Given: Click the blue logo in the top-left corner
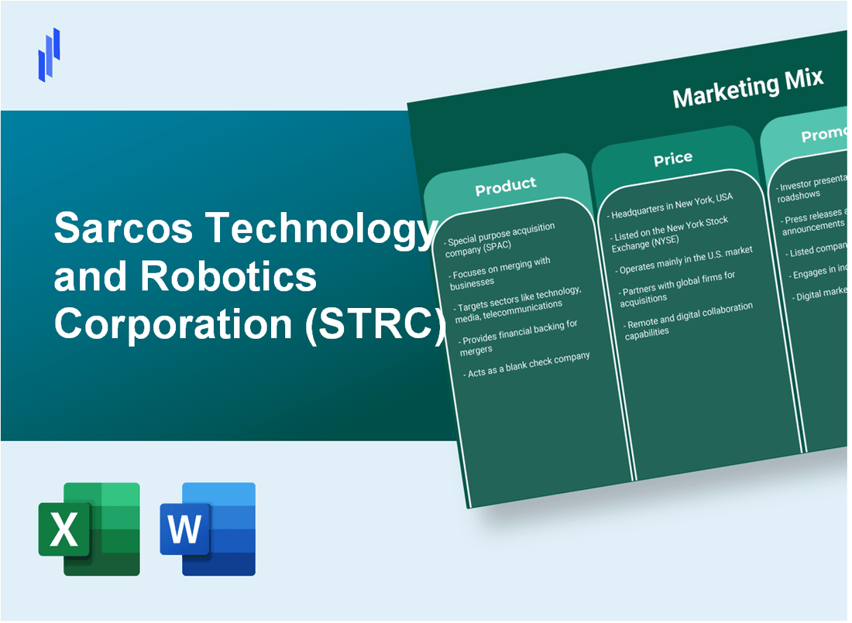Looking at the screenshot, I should point(49,54).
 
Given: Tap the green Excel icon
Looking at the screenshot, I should point(89,529).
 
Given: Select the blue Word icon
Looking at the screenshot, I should point(208,529).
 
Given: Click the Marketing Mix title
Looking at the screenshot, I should point(747,88).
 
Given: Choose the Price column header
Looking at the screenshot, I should point(672,159).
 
